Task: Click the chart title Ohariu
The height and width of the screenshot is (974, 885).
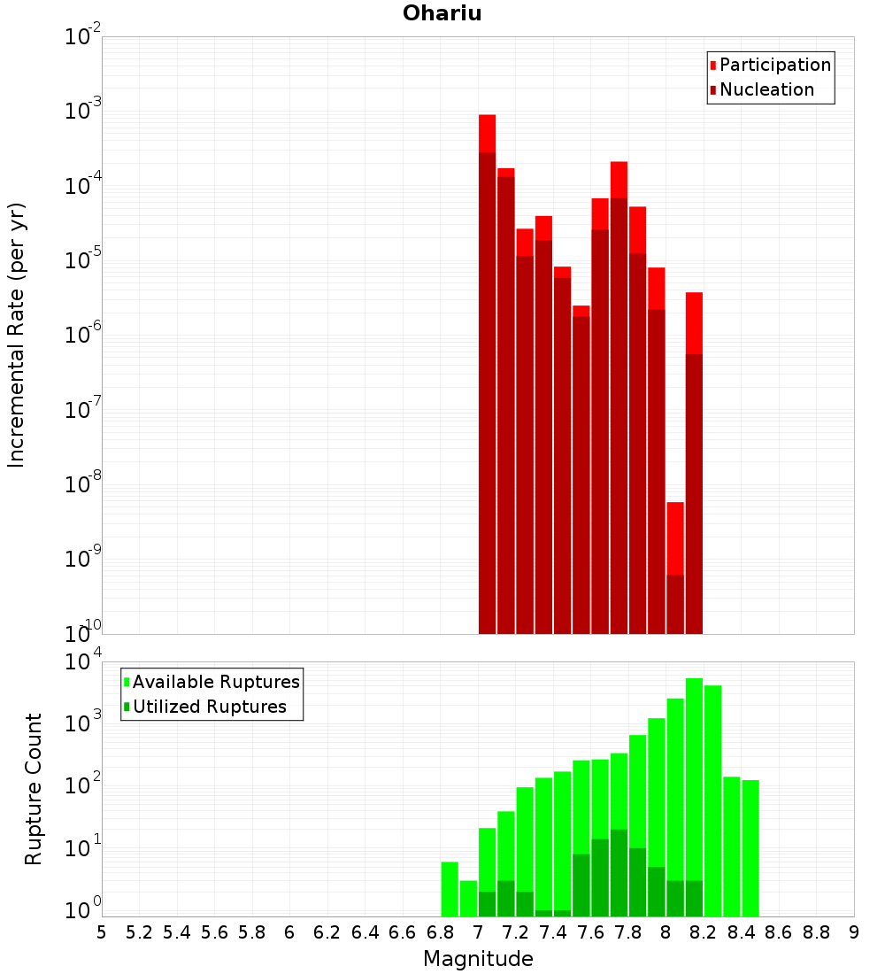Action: (x=442, y=13)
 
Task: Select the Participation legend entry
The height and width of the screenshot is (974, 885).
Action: (x=774, y=65)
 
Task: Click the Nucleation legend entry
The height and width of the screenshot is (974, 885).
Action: (x=766, y=89)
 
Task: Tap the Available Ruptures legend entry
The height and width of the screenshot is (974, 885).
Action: (x=215, y=682)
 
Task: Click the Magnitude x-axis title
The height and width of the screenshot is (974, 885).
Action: (x=478, y=959)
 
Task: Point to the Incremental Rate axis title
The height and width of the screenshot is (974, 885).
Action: (x=17, y=335)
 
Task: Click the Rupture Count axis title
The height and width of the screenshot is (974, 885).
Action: (x=34, y=789)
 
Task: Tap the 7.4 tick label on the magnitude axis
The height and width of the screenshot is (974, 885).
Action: (x=553, y=932)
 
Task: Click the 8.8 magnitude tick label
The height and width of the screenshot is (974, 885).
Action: (x=816, y=932)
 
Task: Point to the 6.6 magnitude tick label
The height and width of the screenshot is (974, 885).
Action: (x=403, y=932)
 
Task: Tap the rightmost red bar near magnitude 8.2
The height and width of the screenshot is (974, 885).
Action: (x=694, y=460)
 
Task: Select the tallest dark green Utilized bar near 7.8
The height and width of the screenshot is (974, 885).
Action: (x=619, y=872)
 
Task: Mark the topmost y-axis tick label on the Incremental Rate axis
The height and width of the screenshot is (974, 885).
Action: (x=83, y=37)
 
